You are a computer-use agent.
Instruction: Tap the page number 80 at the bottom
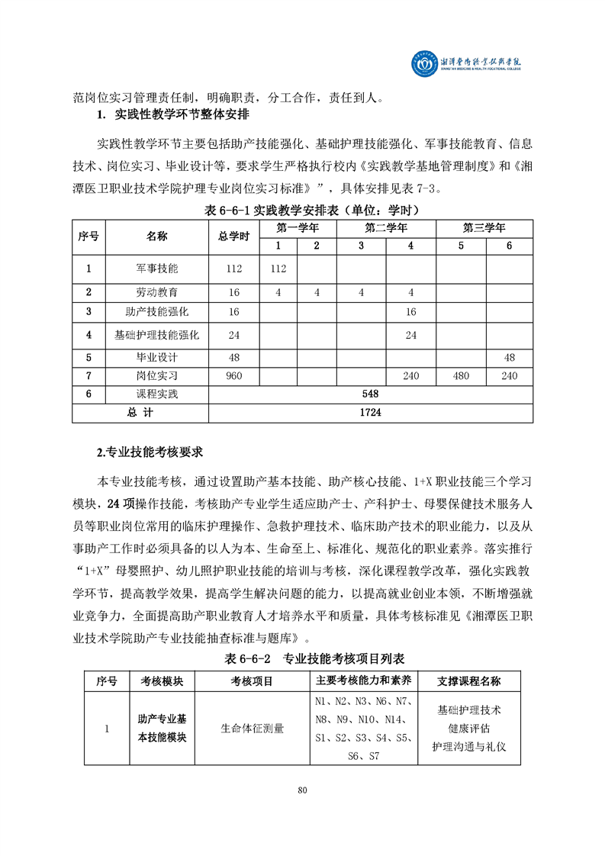302,790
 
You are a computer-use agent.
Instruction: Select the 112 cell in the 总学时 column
233,269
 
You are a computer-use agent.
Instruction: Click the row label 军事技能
157,269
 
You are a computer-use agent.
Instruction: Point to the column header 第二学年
386,228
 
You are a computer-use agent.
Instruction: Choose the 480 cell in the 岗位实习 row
461,375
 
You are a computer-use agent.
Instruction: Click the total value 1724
370,412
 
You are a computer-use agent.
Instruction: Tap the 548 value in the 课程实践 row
370,394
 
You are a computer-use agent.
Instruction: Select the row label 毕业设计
157,357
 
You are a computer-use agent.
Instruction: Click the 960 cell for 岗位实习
233,375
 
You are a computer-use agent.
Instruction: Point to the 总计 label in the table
140,412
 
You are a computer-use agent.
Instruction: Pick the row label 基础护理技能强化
157,334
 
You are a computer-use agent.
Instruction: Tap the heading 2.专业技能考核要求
150,452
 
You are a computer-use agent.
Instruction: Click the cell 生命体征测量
252,728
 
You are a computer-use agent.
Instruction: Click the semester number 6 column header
509,246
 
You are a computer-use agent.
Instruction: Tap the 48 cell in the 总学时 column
233,357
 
